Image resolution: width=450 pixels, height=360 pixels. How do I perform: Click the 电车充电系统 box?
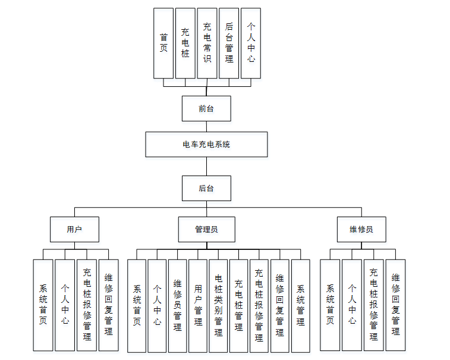[x=206, y=144]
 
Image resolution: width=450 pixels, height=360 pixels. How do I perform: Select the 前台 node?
[x=206, y=108]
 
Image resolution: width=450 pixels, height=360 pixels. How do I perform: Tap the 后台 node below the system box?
[x=206, y=188]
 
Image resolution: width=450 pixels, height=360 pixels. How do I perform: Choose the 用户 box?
[x=74, y=229]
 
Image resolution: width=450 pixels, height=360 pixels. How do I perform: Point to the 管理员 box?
[x=206, y=229]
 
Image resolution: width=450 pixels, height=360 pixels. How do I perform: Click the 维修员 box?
[x=361, y=229]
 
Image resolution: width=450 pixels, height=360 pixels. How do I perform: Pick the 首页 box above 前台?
[x=163, y=43]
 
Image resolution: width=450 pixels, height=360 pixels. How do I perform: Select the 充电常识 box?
[x=207, y=43]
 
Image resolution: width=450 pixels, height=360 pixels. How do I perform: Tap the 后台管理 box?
[x=229, y=43]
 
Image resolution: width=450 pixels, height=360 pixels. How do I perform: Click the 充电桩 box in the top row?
[x=185, y=43]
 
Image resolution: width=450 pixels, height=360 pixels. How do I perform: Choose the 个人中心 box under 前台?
[x=251, y=43]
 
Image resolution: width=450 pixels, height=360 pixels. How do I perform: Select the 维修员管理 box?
[x=177, y=305]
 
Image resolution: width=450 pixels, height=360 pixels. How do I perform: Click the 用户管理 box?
[x=198, y=305]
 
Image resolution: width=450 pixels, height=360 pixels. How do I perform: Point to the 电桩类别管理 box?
[x=218, y=305]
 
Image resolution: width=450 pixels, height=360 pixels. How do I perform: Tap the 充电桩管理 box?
[x=238, y=305]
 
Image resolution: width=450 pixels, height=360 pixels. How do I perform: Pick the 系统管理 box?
[x=300, y=305]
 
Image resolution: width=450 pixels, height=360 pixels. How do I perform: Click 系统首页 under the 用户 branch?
[x=43, y=304]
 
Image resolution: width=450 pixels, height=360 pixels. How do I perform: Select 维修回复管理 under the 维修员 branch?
[x=395, y=304]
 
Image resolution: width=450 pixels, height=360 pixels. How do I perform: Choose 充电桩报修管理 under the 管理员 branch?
[x=259, y=305]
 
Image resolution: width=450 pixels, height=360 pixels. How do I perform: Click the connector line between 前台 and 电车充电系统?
[x=206, y=126]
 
